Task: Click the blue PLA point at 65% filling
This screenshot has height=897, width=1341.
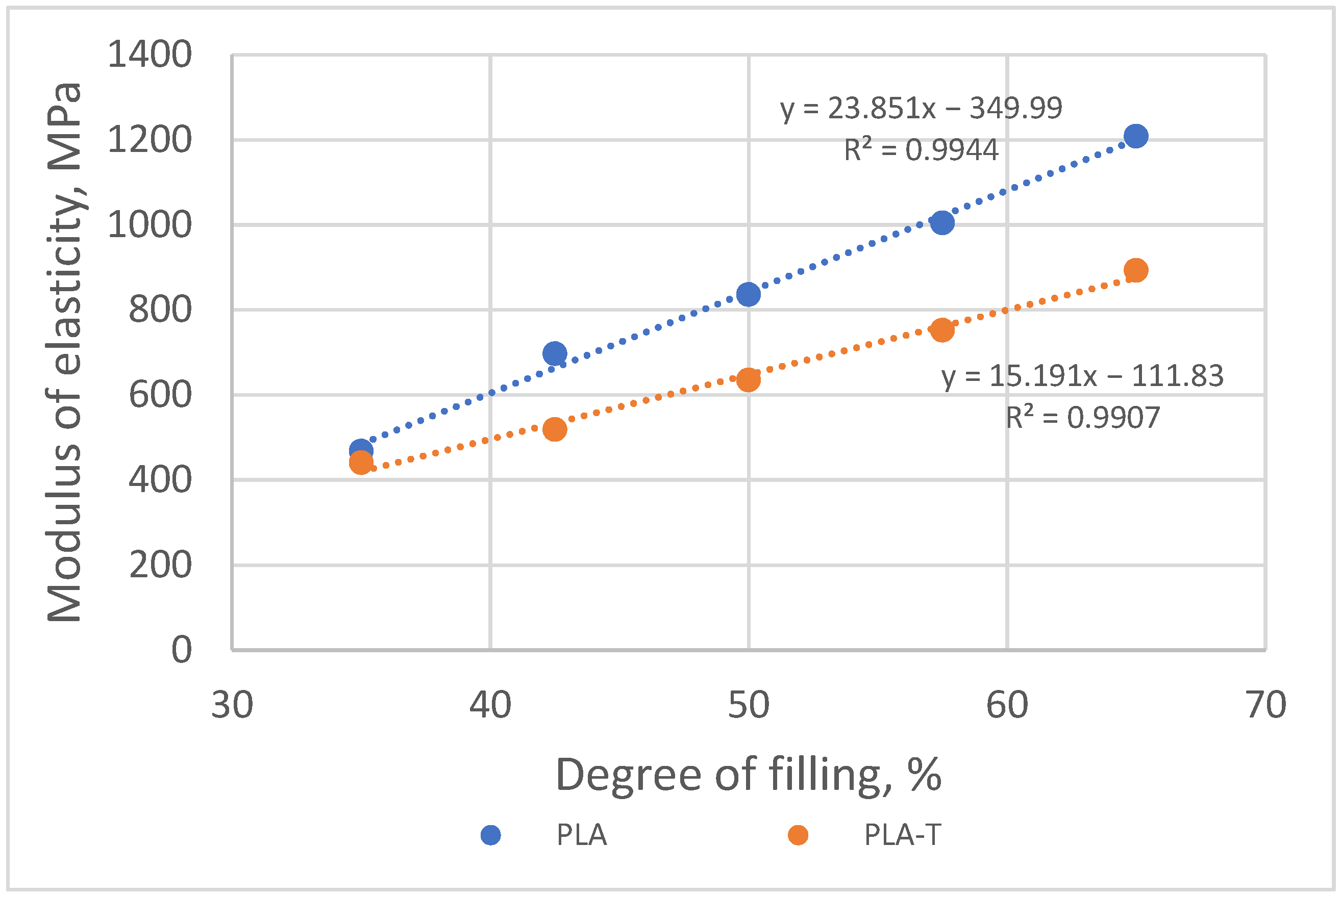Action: coord(1135,136)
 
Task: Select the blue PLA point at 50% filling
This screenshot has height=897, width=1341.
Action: coord(748,295)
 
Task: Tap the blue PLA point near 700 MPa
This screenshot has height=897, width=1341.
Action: coord(555,353)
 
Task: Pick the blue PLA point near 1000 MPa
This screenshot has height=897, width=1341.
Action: coord(942,222)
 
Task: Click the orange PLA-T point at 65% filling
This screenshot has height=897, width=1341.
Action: coord(1135,270)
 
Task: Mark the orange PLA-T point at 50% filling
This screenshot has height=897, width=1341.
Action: coord(748,380)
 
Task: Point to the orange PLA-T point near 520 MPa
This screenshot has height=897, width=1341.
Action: coord(555,429)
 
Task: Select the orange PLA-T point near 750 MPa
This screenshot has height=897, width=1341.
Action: coord(942,330)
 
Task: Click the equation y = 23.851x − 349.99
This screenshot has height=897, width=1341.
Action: coord(921,109)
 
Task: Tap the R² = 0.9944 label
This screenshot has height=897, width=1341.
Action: coord(921,150)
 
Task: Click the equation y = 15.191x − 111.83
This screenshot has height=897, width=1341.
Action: coord(1082,376)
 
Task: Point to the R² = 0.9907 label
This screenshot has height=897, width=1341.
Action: coord(1082,418)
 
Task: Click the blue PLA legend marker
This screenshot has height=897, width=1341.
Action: coord(490,835)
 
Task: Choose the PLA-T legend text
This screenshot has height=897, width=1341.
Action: coord(902,835)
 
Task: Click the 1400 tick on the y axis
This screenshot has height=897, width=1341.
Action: coord(150,56)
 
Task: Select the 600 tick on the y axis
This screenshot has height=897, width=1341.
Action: coord(160,395)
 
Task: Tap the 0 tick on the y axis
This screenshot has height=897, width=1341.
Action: coord(182,650)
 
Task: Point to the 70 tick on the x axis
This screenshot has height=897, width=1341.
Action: coord(1265,705)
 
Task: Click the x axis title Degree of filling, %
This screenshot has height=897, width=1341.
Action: coord(748,775)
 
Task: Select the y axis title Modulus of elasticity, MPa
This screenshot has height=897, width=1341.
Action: coord(64,352)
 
